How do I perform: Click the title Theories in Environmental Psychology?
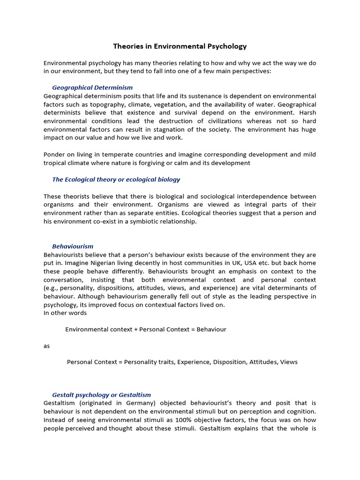[x=180, y=46]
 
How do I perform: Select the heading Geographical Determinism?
[x=92, y=88]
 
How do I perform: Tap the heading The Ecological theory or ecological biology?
[x=116, y=180]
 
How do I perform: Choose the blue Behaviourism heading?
[x=73, y=247]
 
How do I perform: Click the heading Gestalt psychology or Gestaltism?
[x=101, y=395]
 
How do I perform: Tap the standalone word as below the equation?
[x=46, y=346]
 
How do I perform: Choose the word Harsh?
[x=307, y=113]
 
